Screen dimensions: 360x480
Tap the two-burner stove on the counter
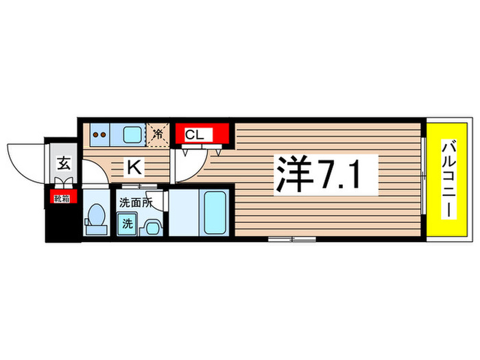pyautogui.click(x=99, y=134)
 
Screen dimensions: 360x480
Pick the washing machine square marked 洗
pyautogui.click(x=127, y=223)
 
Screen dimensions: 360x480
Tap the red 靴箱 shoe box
pyautogui.click(x=62, y=199)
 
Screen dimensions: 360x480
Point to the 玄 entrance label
pyautogui.click(x=63, y=164)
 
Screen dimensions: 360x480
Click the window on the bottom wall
pyautogui.click(x=291, y=239)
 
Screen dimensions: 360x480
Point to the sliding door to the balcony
pyautogui.click(x=424, y=178)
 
